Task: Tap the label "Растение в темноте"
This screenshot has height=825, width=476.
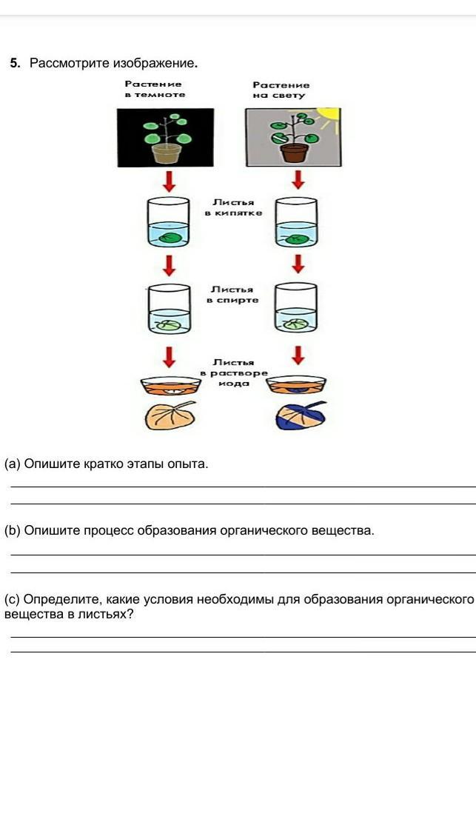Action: click(x=155, y=90)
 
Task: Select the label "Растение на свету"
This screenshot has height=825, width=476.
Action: click(x=281, y=90)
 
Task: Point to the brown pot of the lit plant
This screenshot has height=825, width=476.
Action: click(x=294, y=153)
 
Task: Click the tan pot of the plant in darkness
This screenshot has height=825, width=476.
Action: click(x=167, y=153)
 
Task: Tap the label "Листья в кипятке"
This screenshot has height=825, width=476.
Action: click(x=233, y=207)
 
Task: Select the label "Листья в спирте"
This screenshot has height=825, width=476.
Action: click(x=233, y=295)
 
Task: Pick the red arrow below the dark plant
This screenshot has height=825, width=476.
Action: click(x=169, y=180)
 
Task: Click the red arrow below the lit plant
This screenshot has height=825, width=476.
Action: click(x=298, y=179)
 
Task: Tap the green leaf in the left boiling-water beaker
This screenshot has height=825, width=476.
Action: click(x=170, y=238)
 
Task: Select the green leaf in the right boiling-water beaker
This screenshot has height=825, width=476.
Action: click(x=298, y=238)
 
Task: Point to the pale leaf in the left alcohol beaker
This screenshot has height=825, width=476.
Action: click(x=170, y=324)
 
